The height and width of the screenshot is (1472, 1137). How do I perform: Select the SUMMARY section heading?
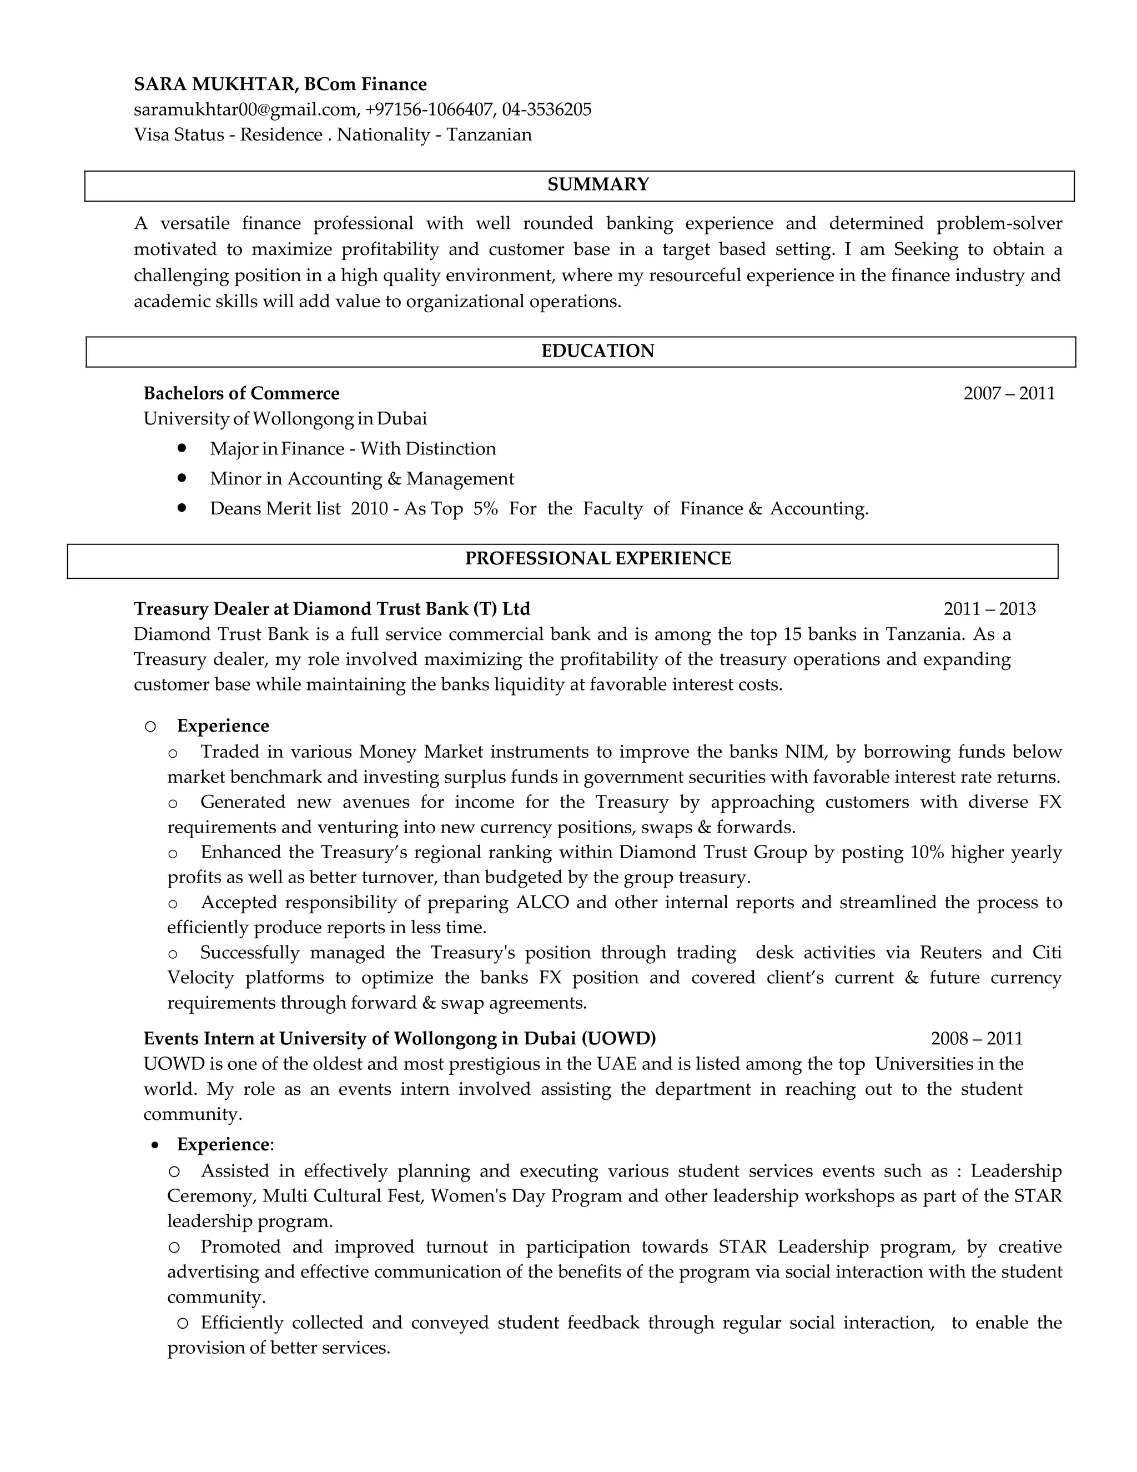[x=597, y=184]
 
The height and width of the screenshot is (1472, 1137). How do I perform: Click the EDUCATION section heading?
[x=597, y=351]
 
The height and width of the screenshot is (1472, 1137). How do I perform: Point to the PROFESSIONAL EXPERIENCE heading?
[x=597, y=559]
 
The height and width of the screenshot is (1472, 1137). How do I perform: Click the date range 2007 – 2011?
[x=1008, y=394]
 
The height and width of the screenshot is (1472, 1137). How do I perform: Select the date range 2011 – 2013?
[x=989, y=609]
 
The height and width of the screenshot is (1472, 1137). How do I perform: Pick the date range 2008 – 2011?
[x=976, y=1039]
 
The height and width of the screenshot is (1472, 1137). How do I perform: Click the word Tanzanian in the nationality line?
[x=489, y=135]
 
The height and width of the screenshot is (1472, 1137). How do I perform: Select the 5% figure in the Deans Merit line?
[x=485, y=508]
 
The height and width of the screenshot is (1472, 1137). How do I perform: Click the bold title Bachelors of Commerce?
[x=241, y=394]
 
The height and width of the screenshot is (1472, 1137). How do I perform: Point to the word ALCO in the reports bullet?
[x=542, y=903]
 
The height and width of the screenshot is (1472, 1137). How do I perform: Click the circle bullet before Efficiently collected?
[x=183, y=1323]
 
